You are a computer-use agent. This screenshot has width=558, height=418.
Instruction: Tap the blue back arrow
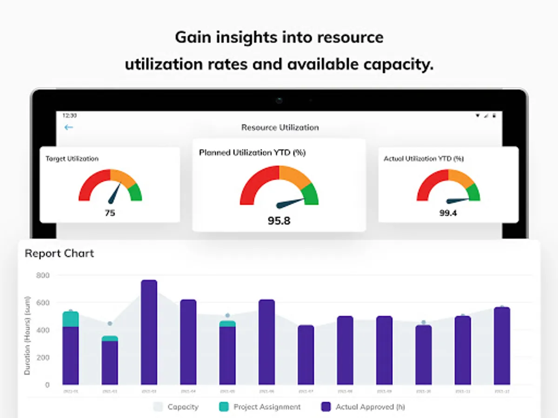[69, 127]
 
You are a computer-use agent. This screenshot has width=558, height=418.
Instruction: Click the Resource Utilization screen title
[280, 127]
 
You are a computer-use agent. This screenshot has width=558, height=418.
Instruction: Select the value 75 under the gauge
[110, 213]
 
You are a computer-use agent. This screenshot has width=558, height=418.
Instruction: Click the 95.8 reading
[279, 221]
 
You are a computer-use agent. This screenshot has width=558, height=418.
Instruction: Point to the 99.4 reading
[448, 213]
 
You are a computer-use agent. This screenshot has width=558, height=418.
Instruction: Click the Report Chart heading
[59, 253]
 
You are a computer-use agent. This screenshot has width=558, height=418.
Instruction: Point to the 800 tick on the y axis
[43, 275]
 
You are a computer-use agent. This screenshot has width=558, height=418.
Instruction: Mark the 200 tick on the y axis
[43, 358]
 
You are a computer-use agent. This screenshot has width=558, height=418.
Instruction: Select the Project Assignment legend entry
[260, 407]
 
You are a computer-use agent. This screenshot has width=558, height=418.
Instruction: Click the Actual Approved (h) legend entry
[363, 407]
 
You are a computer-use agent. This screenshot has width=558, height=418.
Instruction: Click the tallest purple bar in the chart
[149, 332]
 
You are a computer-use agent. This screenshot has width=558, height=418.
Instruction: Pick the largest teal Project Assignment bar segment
[71, 319]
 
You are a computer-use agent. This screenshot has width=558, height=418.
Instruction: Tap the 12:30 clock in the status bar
[69, 115]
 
